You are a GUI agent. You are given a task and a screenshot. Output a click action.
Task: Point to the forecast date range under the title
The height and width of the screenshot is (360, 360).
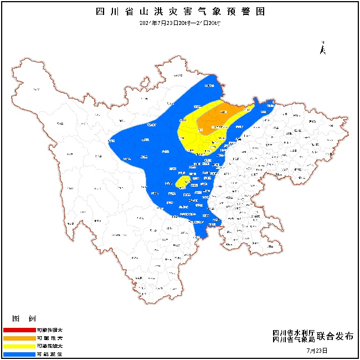point(181,23)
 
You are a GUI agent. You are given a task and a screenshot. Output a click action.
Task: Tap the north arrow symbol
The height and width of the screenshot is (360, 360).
point(323,48)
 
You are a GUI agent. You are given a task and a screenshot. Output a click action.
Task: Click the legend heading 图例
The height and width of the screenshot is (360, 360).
point(25,319)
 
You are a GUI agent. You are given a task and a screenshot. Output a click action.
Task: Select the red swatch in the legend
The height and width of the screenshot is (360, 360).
point(19,330)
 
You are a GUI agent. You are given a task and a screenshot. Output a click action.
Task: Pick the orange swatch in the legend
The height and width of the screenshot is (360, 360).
point(19,337)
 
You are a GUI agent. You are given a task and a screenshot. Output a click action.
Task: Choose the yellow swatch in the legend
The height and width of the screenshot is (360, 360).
point(19,345)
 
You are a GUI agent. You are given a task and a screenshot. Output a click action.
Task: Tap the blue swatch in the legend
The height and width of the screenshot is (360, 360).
point(19,353)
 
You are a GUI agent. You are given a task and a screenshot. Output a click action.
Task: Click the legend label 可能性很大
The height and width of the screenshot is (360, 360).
point(50,330)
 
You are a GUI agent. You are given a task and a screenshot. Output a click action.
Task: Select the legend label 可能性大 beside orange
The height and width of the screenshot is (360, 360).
point(50,337)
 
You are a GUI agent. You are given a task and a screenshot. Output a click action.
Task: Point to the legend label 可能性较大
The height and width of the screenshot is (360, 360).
point(50,345)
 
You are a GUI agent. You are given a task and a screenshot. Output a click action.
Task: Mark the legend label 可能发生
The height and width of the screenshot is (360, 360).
point(50,353)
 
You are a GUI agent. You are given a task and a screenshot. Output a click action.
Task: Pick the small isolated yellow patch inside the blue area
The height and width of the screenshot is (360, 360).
point(182,182)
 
